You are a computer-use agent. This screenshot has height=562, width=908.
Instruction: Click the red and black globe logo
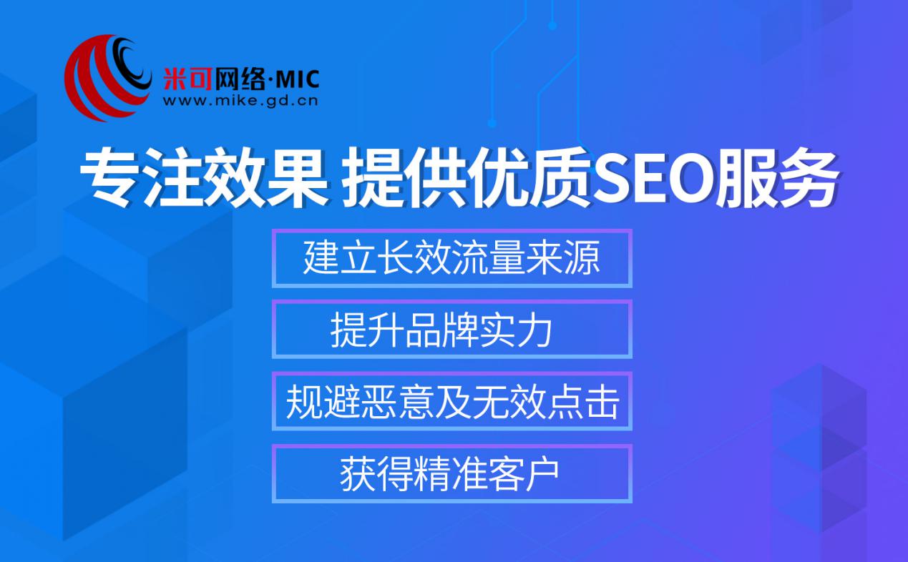pos(107,77)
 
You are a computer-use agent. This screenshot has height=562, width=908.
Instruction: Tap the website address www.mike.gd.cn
pos(240,101)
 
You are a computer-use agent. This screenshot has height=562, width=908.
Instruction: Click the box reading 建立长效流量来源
pos(451,258)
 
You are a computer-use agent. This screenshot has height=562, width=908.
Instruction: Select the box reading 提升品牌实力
pos(451,330)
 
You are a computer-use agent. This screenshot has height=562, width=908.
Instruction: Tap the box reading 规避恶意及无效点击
pos(451,401)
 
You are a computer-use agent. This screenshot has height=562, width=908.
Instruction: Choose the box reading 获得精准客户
pos(451,473)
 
